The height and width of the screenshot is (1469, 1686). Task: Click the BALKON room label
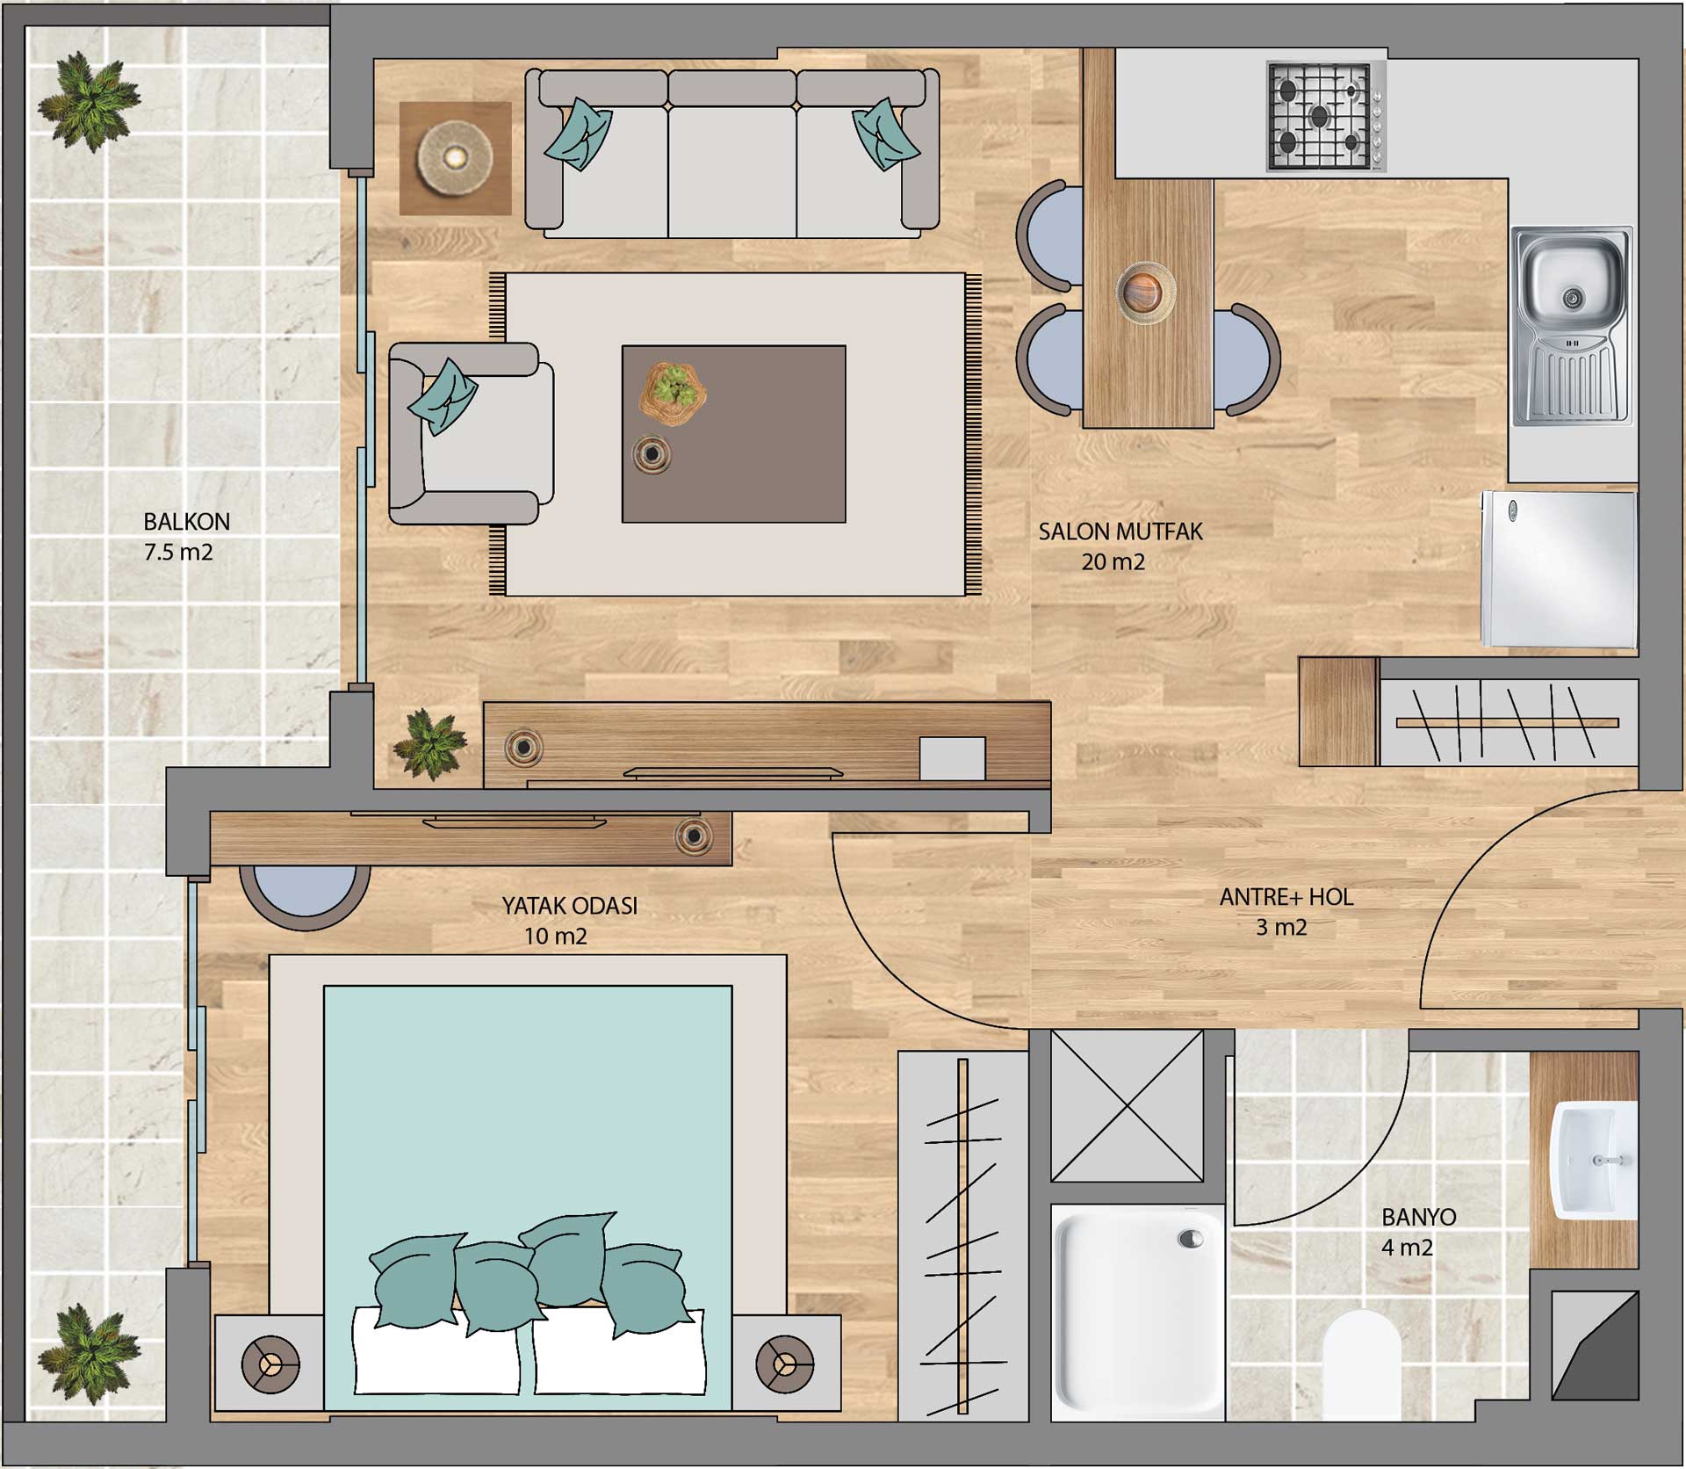point(186,522)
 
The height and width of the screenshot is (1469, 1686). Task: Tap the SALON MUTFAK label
point(1120,532)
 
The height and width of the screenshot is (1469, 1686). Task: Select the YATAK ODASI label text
point(569,906)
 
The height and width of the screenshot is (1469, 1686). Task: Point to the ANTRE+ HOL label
point(1286,897)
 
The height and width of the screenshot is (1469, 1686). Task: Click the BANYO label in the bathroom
point(1418,1217)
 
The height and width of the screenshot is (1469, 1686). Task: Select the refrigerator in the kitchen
point(1560,569)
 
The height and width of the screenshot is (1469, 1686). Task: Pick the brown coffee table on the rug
point(734,434)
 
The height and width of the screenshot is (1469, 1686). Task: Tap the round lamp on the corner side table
point(454,158)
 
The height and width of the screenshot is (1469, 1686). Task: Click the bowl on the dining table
point(1146,287)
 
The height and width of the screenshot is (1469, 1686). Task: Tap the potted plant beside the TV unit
point(430,743)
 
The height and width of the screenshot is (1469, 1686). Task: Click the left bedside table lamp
point(270,1365)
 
